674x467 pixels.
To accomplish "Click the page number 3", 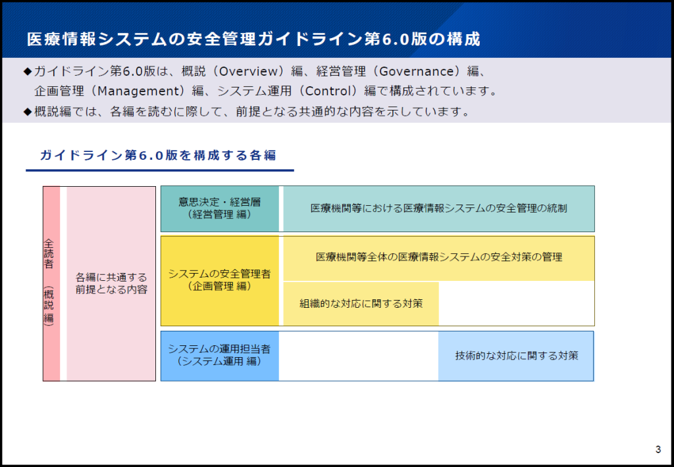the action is (x=658, y=450).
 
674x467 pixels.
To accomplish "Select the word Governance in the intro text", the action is (x=416, y=71).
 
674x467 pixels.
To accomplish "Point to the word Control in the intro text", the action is (x=331, y=91).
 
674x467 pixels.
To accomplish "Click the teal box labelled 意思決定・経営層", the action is (x=220, y=209).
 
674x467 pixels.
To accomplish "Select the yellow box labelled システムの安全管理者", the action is (x=220, y=281).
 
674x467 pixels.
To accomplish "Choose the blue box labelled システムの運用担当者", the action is (x=220, y=356).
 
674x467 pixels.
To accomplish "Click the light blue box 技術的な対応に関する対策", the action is (x=516, y=356).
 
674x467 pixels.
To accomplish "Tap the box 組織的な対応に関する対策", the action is (x=361, y=304).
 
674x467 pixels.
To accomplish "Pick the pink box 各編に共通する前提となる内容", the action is (x=111, y=283).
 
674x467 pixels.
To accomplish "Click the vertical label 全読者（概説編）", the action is (x=49, y=283).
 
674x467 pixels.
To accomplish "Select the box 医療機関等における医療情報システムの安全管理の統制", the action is (x=439, y=209).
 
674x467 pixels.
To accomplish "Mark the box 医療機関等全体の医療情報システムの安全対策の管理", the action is (x=439, y=258).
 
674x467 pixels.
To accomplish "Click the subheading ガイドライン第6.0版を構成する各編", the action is (x=158, y=155).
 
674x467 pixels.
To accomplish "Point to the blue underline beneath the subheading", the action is (x=160, y=170).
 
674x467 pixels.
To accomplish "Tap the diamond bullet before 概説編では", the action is (x=28, y=112).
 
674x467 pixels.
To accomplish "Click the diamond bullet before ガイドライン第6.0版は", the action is (x=28, y=71).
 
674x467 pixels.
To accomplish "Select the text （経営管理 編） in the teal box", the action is (x=220, y=215).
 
